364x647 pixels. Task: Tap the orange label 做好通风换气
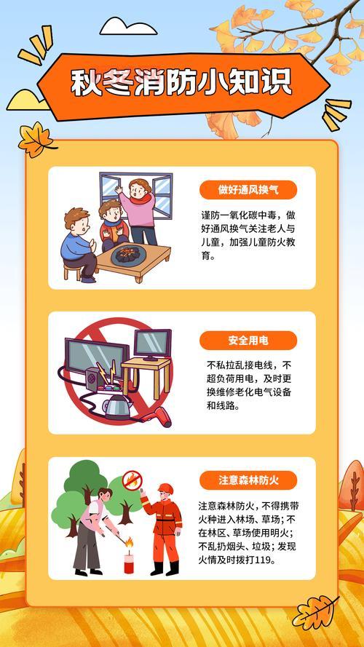248,190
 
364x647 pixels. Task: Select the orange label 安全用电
248,341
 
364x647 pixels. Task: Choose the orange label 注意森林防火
248,480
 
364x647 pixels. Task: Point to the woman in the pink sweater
138,210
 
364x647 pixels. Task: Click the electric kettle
118,405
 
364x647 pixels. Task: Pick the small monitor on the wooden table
152,344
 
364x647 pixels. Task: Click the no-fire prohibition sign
132,480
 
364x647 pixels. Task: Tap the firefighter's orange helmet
165,488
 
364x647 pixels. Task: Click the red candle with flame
129,556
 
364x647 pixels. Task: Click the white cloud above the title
128,26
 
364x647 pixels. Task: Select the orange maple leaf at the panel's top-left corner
36,139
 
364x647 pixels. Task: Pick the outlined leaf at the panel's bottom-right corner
314,613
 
